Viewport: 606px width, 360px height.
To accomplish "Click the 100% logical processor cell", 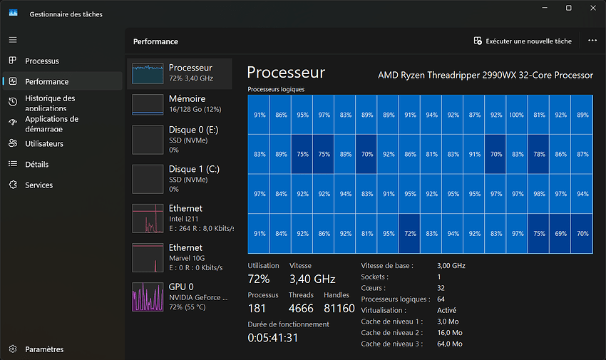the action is (x=517, y=115).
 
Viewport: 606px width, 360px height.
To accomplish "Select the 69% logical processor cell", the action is (x=560, y=233).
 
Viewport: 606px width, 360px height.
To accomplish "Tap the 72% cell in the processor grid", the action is (x=410, y=233).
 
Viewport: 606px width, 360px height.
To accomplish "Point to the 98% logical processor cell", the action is (x=539, y=193).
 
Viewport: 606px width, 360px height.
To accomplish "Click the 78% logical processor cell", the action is (x=539, y=154).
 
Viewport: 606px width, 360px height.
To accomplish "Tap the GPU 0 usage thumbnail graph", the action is (x=148, y=297).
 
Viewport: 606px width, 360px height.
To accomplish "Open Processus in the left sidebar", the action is (x=42, y=61).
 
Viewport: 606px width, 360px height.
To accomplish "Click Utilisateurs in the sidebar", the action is (x=44, y=144).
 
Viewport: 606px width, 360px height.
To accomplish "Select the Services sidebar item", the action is (x=38, y=185).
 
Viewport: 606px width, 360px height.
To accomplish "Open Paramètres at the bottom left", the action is (x=44, y=349).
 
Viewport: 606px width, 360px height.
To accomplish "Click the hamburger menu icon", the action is (x=13, y=40).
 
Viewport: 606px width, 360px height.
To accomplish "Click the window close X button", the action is (x=593, y=8).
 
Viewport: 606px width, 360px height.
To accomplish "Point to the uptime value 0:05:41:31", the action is (x=273, y=338).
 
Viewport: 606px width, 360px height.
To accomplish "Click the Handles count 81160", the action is (x=339, y=308).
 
